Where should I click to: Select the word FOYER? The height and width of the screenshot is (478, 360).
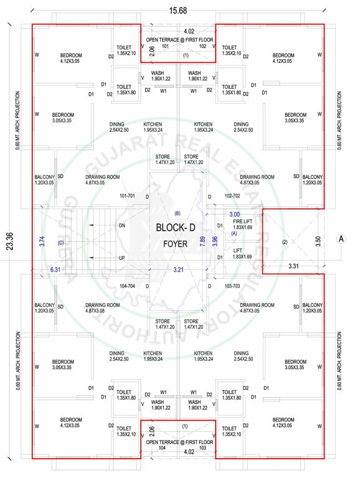[x=174, y=245]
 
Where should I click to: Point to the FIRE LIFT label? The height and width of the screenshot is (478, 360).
[x=242, y=222]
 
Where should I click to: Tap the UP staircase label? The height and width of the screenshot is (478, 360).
[x=123, y=258]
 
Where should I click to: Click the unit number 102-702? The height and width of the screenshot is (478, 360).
[x=232, y=196]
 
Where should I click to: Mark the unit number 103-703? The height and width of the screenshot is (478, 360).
[x=232, y=286]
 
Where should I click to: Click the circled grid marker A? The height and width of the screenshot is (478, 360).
[x=341, y=238]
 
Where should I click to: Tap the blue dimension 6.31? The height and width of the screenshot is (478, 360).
[x=56, y=269]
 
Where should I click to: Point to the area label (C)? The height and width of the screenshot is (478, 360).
[x=60, y=242]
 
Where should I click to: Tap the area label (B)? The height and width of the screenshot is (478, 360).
[x=177, y=213]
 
